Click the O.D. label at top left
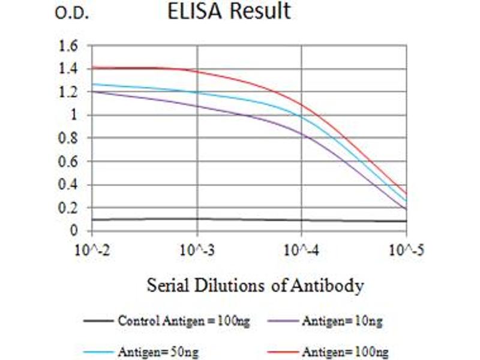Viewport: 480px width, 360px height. click(72, 14)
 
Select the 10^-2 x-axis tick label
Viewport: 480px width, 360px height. click(91, 250)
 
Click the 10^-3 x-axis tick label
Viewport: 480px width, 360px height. click(197, 250)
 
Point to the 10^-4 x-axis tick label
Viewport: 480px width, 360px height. click(301, 250)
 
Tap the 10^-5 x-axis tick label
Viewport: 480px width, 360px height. click(406, 250)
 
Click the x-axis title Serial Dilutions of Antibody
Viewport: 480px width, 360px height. click(255, 286)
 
